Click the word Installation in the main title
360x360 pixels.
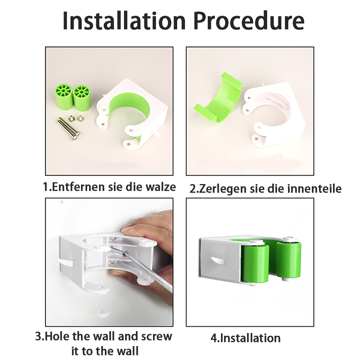(x=124, y=21)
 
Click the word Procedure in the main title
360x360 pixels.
(x=249, y=21)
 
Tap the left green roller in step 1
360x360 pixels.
(x=63, y=97)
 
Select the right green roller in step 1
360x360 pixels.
(x=82, y=98)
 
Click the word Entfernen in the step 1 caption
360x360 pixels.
(x=79, y=187)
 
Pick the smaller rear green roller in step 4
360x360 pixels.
(x=289, y=259)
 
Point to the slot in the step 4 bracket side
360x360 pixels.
(x=217, y=261)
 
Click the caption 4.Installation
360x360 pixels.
(x=246, y=338)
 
